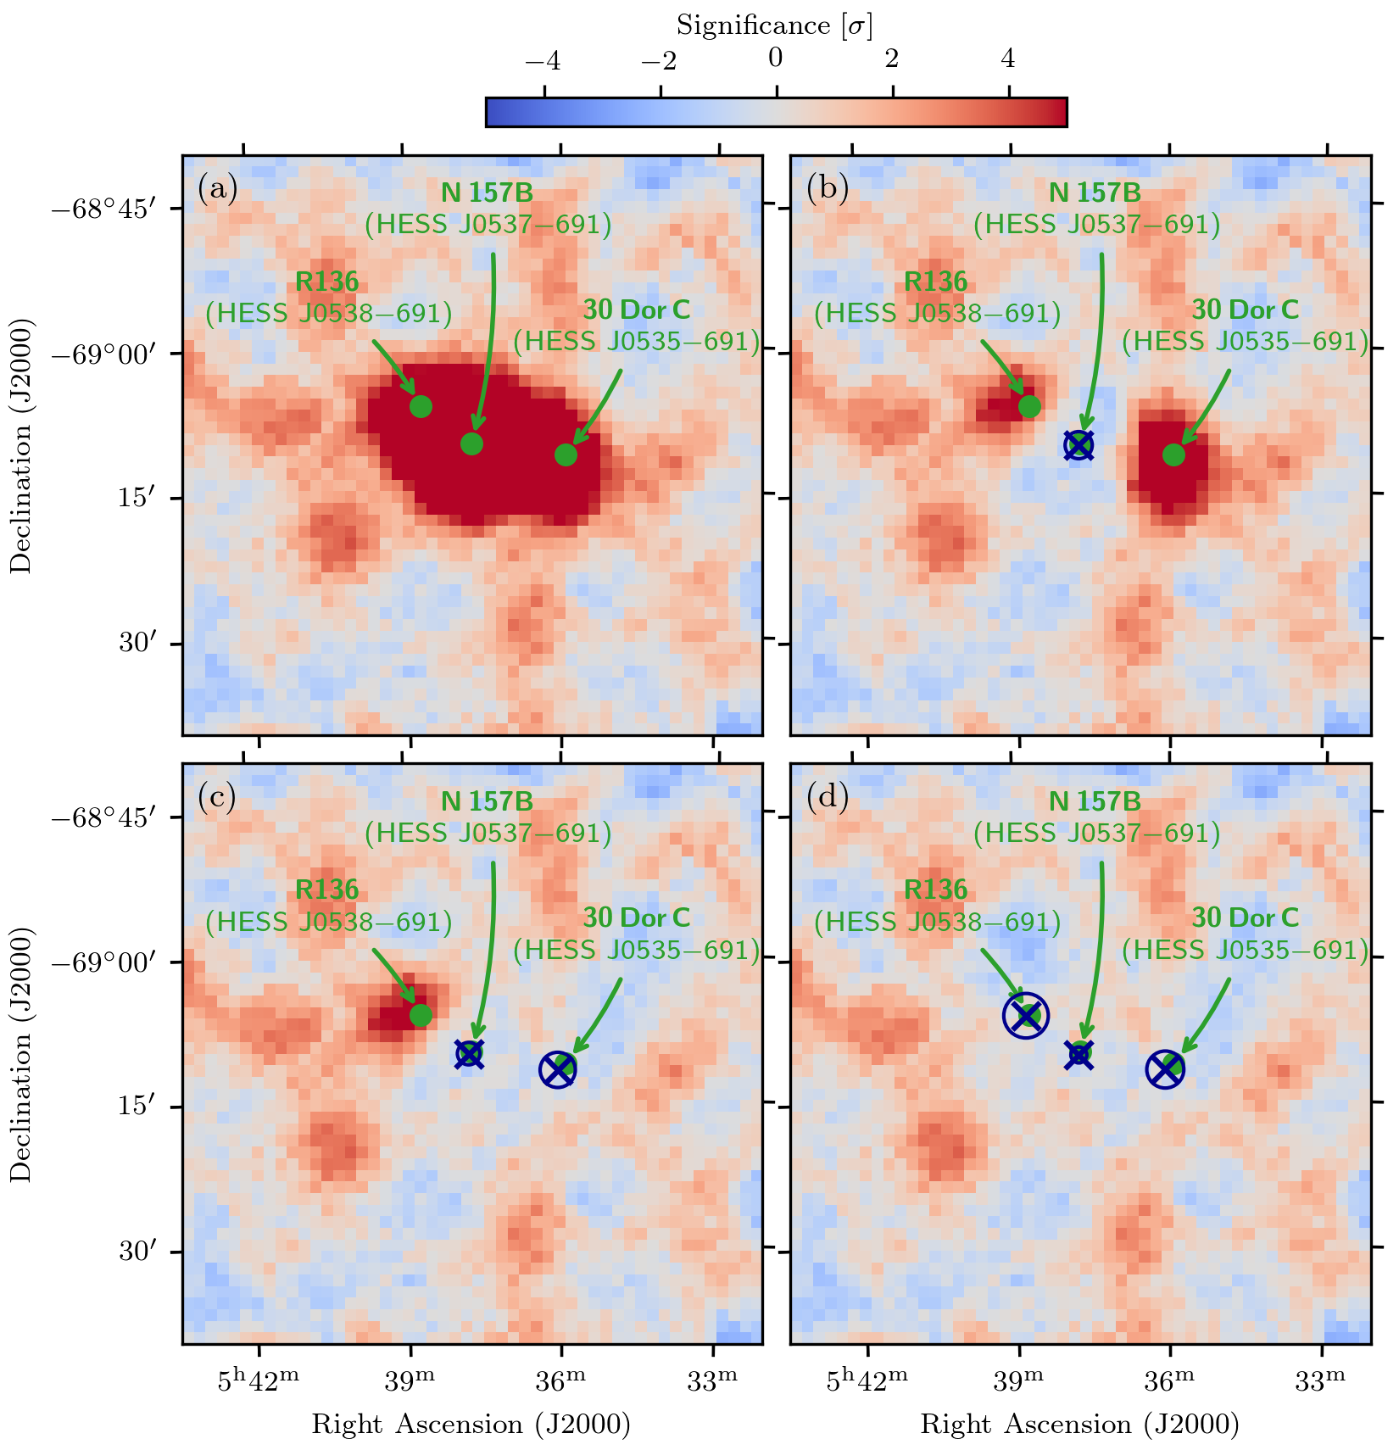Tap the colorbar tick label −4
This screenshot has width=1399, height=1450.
pyautogui.click(x=543, y=60)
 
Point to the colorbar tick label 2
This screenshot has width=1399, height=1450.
pyautogui.click(x=892, y=60)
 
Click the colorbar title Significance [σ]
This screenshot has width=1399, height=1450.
pyautogui.click(x=774, y=26)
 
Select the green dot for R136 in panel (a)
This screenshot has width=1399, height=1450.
pyautogui.click(x=421, y=406)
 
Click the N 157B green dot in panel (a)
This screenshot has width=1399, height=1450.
pyautogui.click(x=471, y=443)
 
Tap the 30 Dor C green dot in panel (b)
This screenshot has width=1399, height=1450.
pyautogui.click(x=1173, y=455)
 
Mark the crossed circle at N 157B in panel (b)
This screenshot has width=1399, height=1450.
pyautogui.click(x=1079, y=444)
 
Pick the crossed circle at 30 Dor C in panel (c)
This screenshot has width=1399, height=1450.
pyautogui.click(x=558, y=1069)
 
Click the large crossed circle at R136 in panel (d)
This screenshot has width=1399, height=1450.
pyautogui.click(x=1026, y=1015)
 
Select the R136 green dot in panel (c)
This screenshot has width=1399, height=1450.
pyautogui.click(x=421, y=1015)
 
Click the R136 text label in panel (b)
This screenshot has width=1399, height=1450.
pyautogui.click(x=935, y=282)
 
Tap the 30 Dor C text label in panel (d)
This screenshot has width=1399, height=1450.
pyautogui.click(x=1245, y=917)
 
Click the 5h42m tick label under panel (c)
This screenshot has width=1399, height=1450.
pyautogui.click(x=259, y=1381)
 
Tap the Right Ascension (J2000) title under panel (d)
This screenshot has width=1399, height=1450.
pyautogui.click(x=1080, y=1425)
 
